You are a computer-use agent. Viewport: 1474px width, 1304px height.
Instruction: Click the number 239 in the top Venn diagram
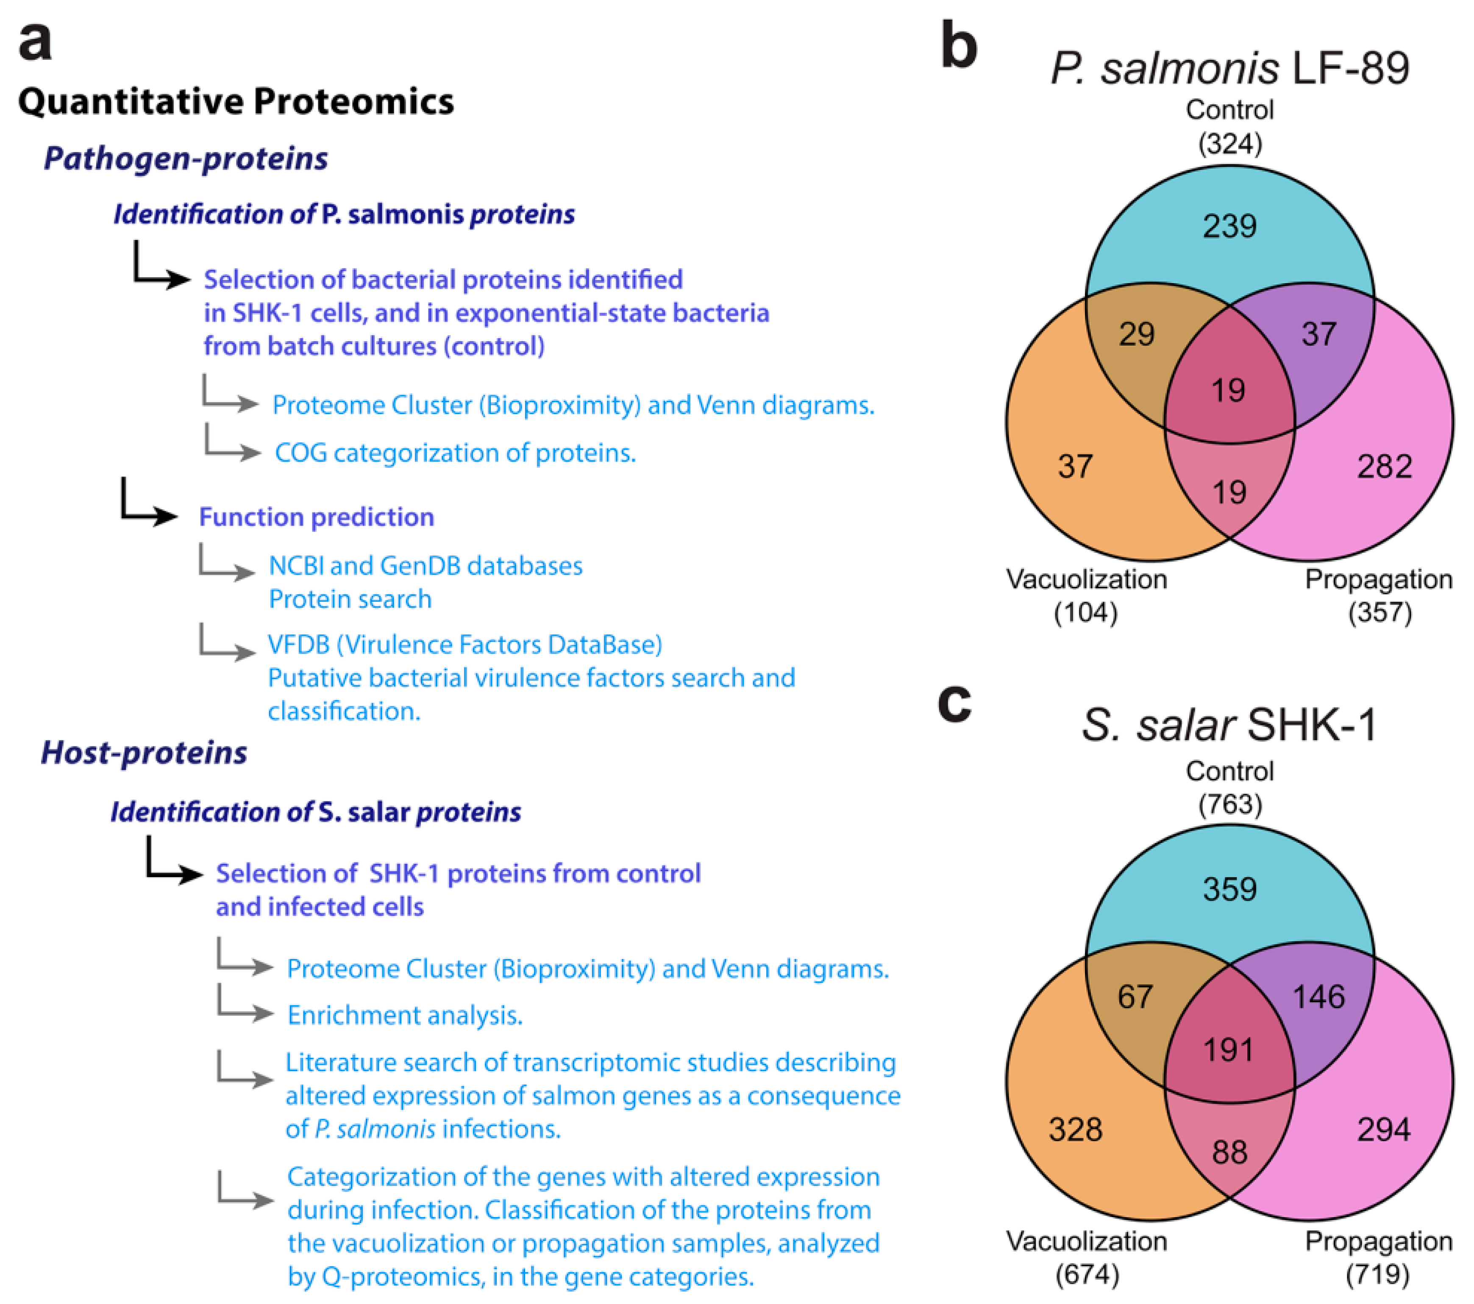(x=1229, y=226)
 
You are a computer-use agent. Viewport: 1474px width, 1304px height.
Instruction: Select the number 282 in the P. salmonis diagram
(x=1384, y=467)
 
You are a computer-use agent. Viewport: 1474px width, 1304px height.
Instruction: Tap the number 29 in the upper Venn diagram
(x=1137, y=334)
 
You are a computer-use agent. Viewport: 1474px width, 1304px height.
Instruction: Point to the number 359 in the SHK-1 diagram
(x=1229, y=889)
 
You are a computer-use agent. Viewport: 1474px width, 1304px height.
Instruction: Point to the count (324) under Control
(x=1229, y=144)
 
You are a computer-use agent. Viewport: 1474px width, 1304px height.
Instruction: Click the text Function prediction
(x=317, y=517)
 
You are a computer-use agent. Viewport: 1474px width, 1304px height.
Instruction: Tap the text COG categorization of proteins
(x=455, y=453)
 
